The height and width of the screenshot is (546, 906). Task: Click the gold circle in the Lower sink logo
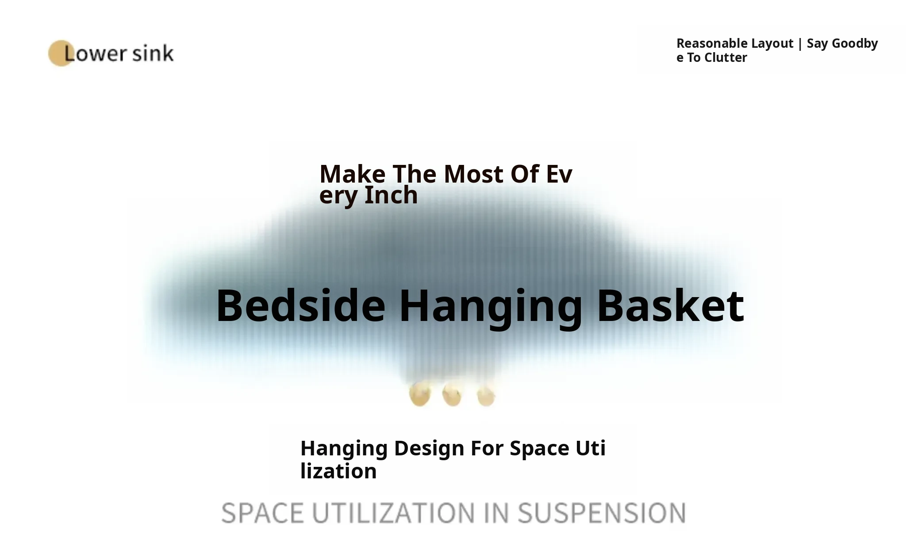coord(61,53)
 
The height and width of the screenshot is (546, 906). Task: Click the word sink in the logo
coord(153,53)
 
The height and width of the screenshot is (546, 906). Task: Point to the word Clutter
coord(726,57)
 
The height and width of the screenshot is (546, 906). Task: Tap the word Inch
coord(391,195)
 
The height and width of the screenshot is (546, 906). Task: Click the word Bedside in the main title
coord(301,306)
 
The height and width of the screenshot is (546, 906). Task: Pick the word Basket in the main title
coord(671,306)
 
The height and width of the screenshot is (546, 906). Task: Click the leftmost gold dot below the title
coord(419,394)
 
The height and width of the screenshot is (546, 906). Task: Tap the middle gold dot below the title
coord(452,394)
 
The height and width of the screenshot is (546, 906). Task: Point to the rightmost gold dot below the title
coord(486,396)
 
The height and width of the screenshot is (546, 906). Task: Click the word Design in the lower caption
coord(429,448)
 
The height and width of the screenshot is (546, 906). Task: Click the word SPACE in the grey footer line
coord(262,513)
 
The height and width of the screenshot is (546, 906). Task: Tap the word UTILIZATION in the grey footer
coord(393,513)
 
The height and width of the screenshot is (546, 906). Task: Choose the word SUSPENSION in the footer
coord(602,513)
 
